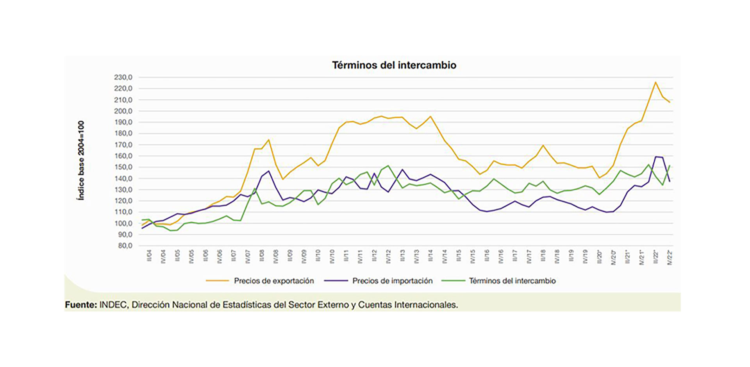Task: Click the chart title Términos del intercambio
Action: [x=394, y=65]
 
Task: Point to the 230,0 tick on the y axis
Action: [x=123, y=77]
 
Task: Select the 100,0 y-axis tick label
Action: [x=123, y=224]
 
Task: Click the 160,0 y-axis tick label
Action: [x=123, y=156]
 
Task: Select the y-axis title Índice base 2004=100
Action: [x=81, y=161]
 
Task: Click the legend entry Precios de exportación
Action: [x=273, y=281]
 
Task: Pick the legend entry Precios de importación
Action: [x=392, y=281]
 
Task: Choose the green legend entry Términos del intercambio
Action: [x=512, y=281]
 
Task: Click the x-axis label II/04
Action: [x=149, y=256]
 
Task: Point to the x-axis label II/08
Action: [x=262, y=256]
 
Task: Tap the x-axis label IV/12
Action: [x=388, y=256]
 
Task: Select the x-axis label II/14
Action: [x=430, y=256]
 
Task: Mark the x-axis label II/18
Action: [x=543, y=256]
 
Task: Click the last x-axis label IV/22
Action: [x=670, y=257]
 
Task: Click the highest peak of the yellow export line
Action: [x=655, y=82]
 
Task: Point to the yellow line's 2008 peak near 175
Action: [x=269, y=140]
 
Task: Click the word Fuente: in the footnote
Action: [x=81, y=305]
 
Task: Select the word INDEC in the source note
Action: [x=113, y=305]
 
